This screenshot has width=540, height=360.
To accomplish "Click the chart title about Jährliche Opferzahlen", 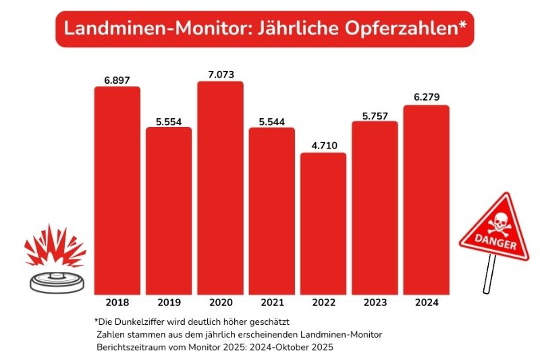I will (x=264, y=29).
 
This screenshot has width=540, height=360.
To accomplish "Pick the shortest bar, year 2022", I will (x=323, y=224).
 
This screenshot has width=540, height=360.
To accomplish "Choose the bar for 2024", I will (x=426, y=200).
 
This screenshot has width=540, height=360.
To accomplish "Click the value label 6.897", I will (x=117, y=80).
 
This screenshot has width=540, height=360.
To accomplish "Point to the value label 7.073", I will (x=220, y=74).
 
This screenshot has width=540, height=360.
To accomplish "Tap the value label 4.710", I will (x=323, y=145).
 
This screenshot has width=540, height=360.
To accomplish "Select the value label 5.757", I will (x=375, y=115).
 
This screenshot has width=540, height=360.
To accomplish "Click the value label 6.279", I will (x=426, y=98).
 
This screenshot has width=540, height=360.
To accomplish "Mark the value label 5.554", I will (x=169, y=120).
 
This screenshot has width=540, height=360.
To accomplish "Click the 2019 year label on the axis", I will (x=169, y=303).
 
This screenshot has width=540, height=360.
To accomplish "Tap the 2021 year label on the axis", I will (x=271, y=303).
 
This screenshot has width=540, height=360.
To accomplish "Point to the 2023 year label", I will (x=375, y=303).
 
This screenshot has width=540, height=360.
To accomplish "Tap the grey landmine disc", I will (x=58, y=280).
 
